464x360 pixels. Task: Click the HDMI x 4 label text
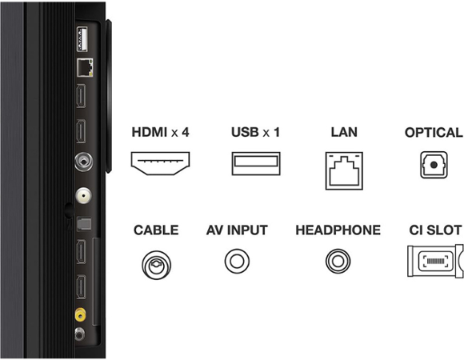(x=160, y=132)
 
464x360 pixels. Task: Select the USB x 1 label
(x=255, y=132)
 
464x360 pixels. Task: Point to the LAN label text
(x=344, y=132)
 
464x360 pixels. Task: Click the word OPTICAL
(x=434, y=133)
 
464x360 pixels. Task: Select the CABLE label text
(x=156, y=230)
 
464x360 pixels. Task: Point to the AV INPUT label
(x=237, y=230)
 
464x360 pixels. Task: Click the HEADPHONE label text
(x=338, y=230)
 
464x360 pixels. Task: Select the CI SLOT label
(x=435, y=230)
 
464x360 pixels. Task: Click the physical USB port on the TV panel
(x=82, y=39)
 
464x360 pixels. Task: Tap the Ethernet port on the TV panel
(x=85, y=68)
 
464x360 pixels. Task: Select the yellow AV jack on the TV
(x=81, y=314)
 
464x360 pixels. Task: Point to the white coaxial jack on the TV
(x=83, y=195)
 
